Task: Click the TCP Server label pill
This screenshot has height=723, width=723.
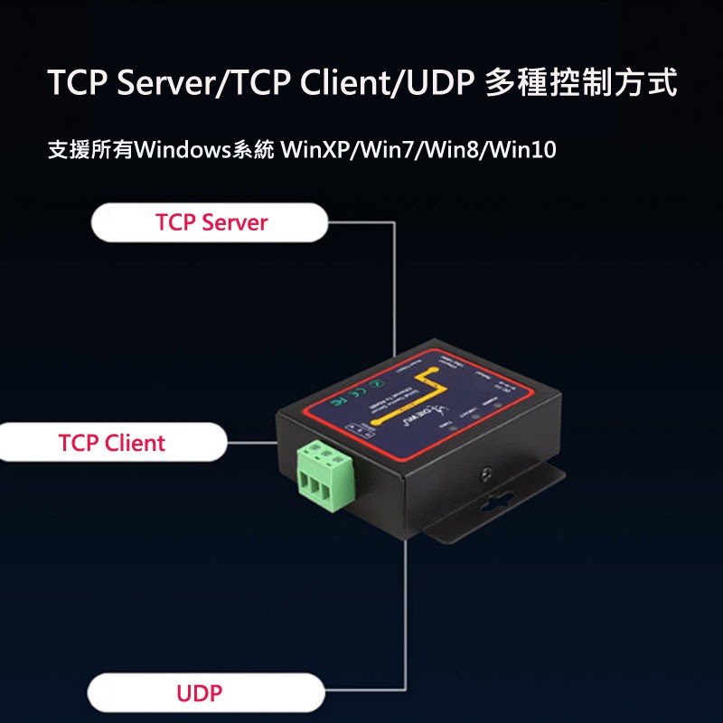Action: tap(211, 222)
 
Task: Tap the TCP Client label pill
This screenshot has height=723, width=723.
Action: tap(112, 443)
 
